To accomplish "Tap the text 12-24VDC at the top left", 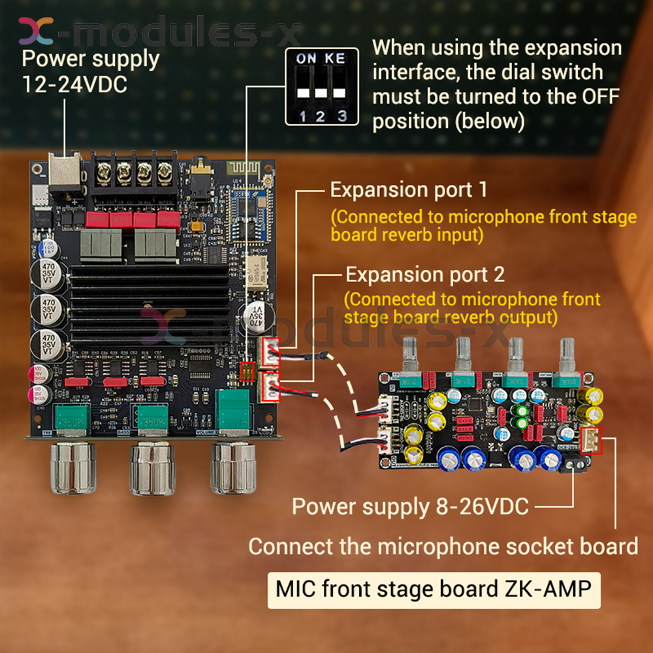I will click(x=74, y=85).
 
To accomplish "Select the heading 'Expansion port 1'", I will click(x=408, y=190).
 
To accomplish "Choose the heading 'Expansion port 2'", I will click(x=424, y=274).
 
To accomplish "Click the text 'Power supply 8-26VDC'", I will click(x=410, y=506).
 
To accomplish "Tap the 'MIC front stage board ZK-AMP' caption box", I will click(x=434, y=589).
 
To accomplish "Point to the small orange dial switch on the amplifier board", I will click(x=247, y=372).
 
